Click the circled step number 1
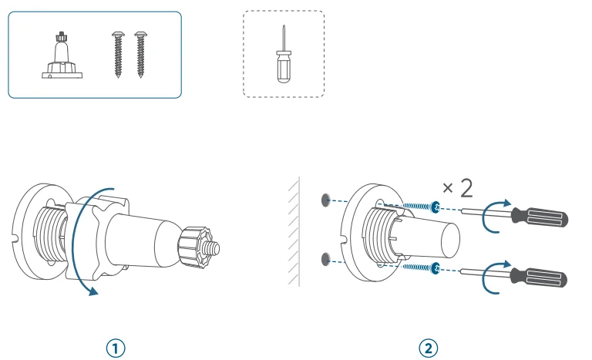(x=115, y=348)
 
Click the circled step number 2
(x=429, y=348)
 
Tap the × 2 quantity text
(x=457, y=187)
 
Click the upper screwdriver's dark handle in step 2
(x=544, y=217)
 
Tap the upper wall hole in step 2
(x=324, y=200)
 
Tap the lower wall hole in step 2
(x=324, y=256)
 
